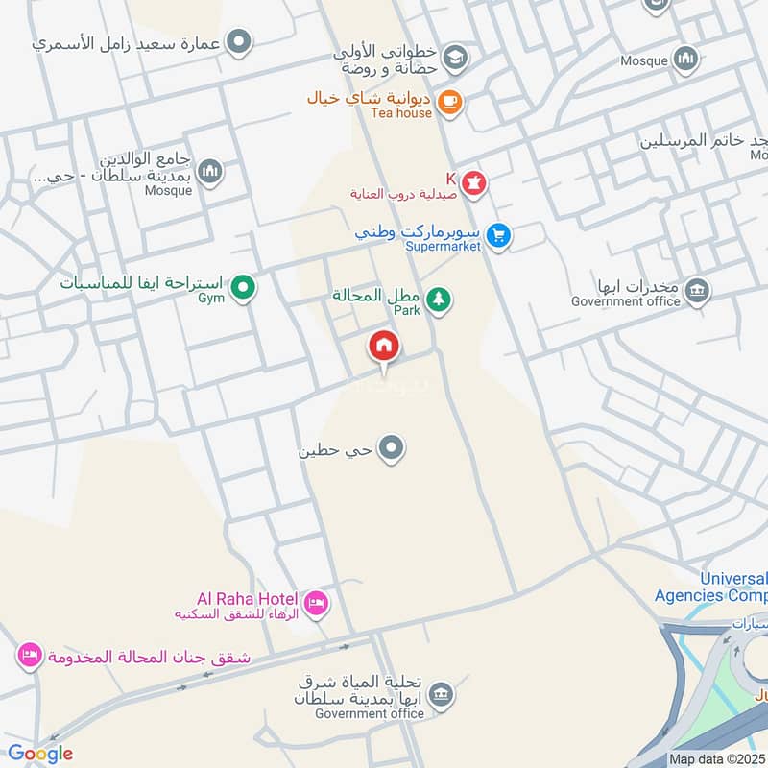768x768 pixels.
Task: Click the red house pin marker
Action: click(384, 347)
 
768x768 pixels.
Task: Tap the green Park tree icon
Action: click(439, 300)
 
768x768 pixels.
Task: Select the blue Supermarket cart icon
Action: click(497, 234)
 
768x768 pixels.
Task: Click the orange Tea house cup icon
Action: click(448, 101)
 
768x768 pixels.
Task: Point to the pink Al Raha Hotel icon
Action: click(316, 604)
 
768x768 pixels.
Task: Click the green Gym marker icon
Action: click(243, 287)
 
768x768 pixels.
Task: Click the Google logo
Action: click(40, 754)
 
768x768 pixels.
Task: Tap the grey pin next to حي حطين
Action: click(391, 447)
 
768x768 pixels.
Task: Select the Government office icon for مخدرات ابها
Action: click(697, 290)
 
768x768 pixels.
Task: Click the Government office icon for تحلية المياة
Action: click(441, 694)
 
